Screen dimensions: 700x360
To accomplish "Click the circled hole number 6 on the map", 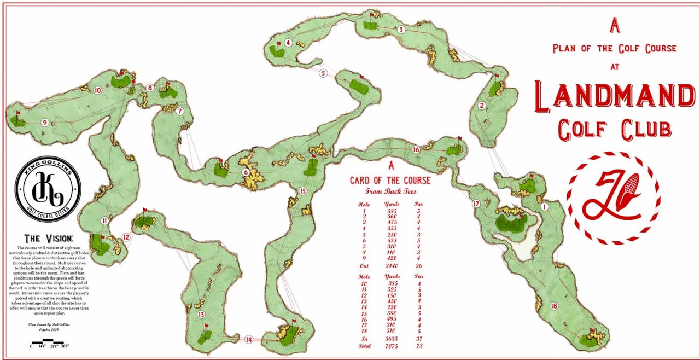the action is [246, 172].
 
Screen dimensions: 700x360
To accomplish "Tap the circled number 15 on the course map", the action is [303, 191].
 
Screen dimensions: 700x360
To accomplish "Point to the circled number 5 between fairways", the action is [323, 73].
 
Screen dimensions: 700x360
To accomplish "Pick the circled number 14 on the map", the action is [249, 339].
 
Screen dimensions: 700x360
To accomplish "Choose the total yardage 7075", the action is [390, 346].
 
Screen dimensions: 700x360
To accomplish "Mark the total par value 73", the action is [418, 346].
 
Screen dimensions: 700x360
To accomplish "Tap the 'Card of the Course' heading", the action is [390, 181].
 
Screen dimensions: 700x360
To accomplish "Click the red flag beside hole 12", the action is [144, 210].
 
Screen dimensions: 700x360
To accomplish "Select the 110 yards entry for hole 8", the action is [390, 252].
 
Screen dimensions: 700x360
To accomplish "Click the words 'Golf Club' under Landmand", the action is [615, 129].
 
